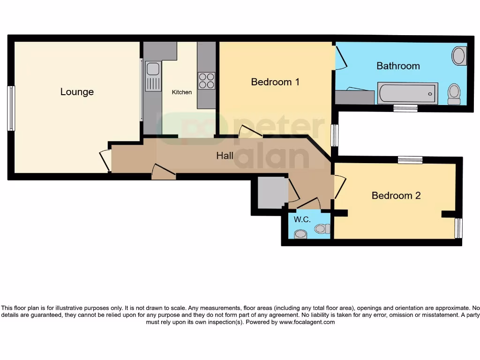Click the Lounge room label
(x=77, y=92)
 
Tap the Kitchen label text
(x=181, y=92)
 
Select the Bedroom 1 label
(x=275, y=82)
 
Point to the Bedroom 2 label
(x=396, y=195)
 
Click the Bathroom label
(x=398, y=66)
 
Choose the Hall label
(x=225, y=156)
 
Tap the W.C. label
(x=301, y=219)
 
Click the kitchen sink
(x=153, y=75)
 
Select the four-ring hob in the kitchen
(x=206, y=81)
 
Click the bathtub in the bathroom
(x=408, y=93)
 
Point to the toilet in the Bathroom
(x=454, y=94)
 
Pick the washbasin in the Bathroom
(x=459, y=56)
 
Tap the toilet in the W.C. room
(x=322, y=229)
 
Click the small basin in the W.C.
(x=300, y=233)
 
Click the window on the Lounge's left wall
(x=11, y=108)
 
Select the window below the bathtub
(x=405, y=109)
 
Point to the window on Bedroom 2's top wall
(x=410, y=160)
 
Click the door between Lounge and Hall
(x=106, y=160)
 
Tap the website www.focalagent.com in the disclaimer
(x=307, y=322)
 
